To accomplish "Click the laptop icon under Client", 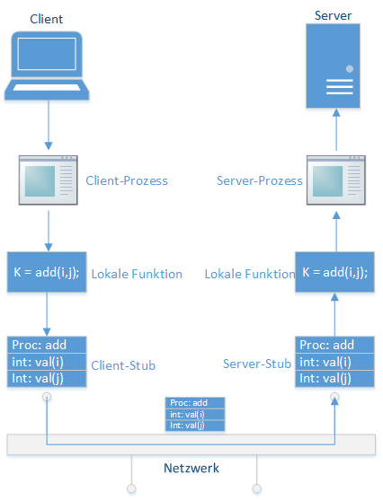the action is click(x=47, y=66).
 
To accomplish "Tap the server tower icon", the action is click(x=333, y=66).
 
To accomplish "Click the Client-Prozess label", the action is click(x=127, y=180).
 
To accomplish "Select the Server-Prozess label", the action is click(x=260, y=180).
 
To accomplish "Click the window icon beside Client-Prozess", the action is click(x=49, y=180).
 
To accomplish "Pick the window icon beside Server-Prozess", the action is click(x=336, y=180).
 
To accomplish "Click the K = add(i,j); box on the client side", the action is click(x=47, y=272).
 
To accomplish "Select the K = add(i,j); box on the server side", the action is click(x=334, y=272).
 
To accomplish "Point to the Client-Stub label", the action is click(x=123, y=365).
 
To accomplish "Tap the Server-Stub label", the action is click(x=257, y=364).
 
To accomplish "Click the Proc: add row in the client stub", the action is click(x=47, y=345).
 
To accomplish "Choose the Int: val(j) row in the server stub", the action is click(x=334, y=379).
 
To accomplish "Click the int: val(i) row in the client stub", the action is click(x=47, y=362).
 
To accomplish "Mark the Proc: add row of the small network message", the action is click(x=195, y=403).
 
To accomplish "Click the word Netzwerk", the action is click(x=191, y=468).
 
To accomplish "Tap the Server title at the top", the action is click(x=333, y=15).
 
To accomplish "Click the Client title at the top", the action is click(x=47, y=19).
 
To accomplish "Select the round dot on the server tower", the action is click(x=350, y=68).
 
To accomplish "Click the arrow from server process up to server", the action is click(x=336, y=129).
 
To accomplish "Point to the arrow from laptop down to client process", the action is click(x=49, y=125).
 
